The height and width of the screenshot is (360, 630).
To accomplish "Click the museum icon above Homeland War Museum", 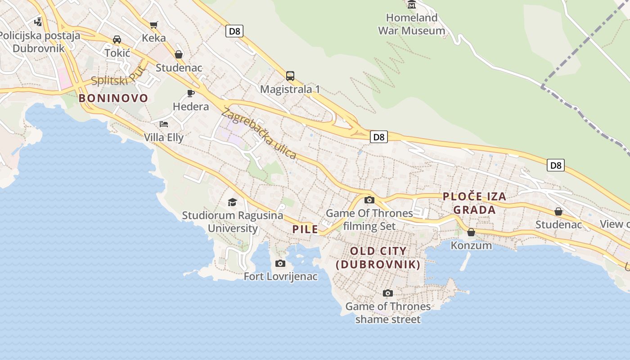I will (412, 4).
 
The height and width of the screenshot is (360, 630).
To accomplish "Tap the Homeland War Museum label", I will (411, 24).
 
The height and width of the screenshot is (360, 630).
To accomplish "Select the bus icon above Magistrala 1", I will (290, 76).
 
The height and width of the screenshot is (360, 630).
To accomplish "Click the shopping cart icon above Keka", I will (154, 25).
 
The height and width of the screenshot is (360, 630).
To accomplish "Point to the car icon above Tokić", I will (117, 40).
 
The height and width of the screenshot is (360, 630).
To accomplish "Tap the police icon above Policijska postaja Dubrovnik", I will (38, 21).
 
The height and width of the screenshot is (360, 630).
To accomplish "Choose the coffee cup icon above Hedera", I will (191, 93).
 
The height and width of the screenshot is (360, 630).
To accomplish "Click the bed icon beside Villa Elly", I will (164, 124).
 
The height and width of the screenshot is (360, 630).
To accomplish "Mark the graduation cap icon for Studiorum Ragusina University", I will (232, 202).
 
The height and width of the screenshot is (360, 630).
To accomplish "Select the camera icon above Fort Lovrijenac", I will (280, 263).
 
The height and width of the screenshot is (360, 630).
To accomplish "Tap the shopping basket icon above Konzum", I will (471, 232).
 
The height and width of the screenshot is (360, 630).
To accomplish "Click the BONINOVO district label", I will (113, 98).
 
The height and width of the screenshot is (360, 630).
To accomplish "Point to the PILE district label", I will (305, 229).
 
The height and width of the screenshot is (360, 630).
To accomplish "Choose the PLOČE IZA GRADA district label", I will (474, 203).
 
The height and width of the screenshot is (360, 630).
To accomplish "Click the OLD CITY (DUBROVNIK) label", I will (378, 258).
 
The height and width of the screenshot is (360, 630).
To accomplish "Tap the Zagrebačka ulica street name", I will (259, 134).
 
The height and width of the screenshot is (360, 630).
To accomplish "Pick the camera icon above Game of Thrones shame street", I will (387, 293).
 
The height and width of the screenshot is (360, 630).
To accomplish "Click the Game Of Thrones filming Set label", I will (369, 219).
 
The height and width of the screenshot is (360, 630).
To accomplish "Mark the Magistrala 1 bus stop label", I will (290, 89).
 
